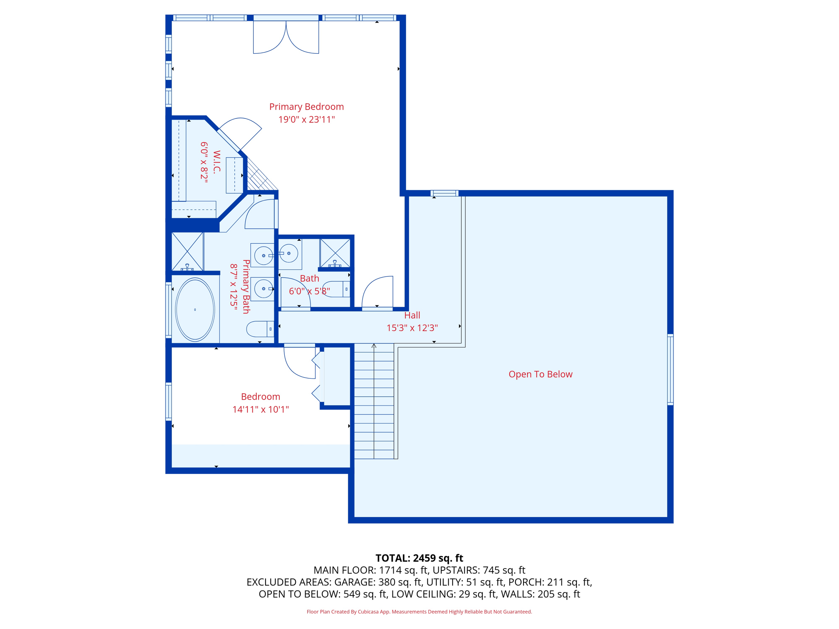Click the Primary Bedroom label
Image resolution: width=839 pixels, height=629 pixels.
coord(306,107)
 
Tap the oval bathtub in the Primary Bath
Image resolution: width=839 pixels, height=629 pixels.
coord(195,310)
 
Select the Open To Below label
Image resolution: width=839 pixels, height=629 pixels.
coord(540,374)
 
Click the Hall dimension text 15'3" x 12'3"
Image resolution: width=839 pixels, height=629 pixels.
coord(412,328)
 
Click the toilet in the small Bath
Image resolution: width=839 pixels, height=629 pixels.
coord(336,289)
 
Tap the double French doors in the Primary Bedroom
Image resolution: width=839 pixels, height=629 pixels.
coord(286,37)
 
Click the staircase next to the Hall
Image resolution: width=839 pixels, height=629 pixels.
coord(374,401)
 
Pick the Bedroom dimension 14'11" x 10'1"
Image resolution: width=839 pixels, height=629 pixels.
coord(261,410)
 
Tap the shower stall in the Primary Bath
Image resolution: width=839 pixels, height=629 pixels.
coord(188,251)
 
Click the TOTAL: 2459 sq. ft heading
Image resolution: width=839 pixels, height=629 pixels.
coord(419,558)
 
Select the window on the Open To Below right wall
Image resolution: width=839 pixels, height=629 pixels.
coord(670,369)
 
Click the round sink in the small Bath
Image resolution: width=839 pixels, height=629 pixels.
coord(289,253)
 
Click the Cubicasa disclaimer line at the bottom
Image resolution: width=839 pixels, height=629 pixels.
coord(419,612)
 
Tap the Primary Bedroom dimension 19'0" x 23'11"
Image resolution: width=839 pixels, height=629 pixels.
coord(306,120)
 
